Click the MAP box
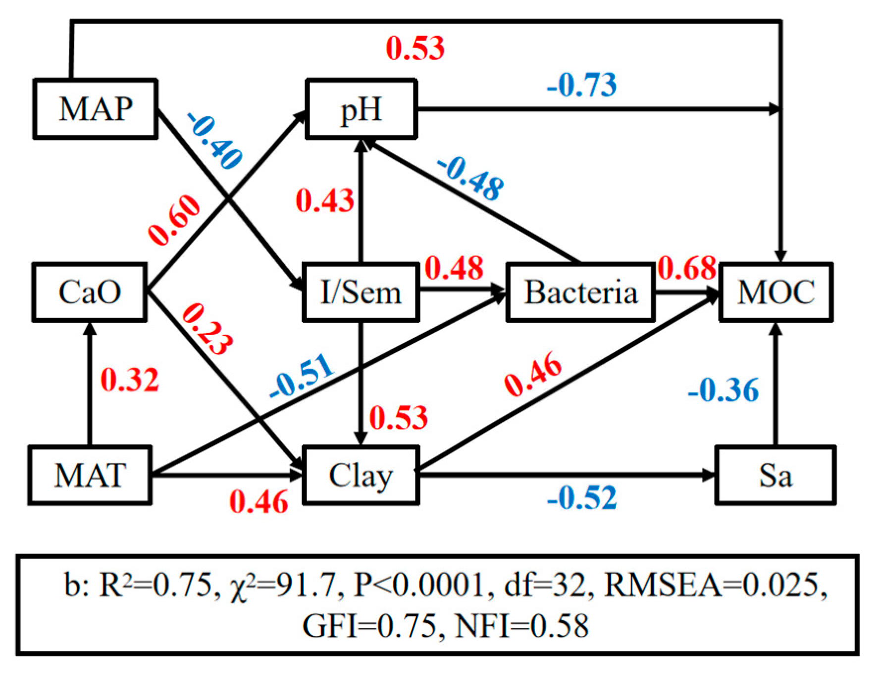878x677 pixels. point(95,108)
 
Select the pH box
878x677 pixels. point(361,108)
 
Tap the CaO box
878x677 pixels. point(89,292)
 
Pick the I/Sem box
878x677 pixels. point(361,292)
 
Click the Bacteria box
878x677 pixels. point(580,292)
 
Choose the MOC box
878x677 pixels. point(775,292)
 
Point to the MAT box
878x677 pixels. point(89,475)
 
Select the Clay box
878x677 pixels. point(361,475)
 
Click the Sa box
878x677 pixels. point(775,475)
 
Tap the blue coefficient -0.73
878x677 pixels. point(581,85)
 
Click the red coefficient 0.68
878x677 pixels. point(687,268)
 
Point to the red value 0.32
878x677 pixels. point(130,380)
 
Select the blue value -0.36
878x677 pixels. point(723,390)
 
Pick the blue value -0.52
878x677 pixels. point(582,497)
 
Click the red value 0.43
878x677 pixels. point(325,201)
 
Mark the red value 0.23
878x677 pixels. point(207,329)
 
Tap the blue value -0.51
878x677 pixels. point(302,376)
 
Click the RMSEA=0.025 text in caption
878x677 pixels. point(716,585)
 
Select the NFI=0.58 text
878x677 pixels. point(522,626)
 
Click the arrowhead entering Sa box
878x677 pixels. point(710,475)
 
